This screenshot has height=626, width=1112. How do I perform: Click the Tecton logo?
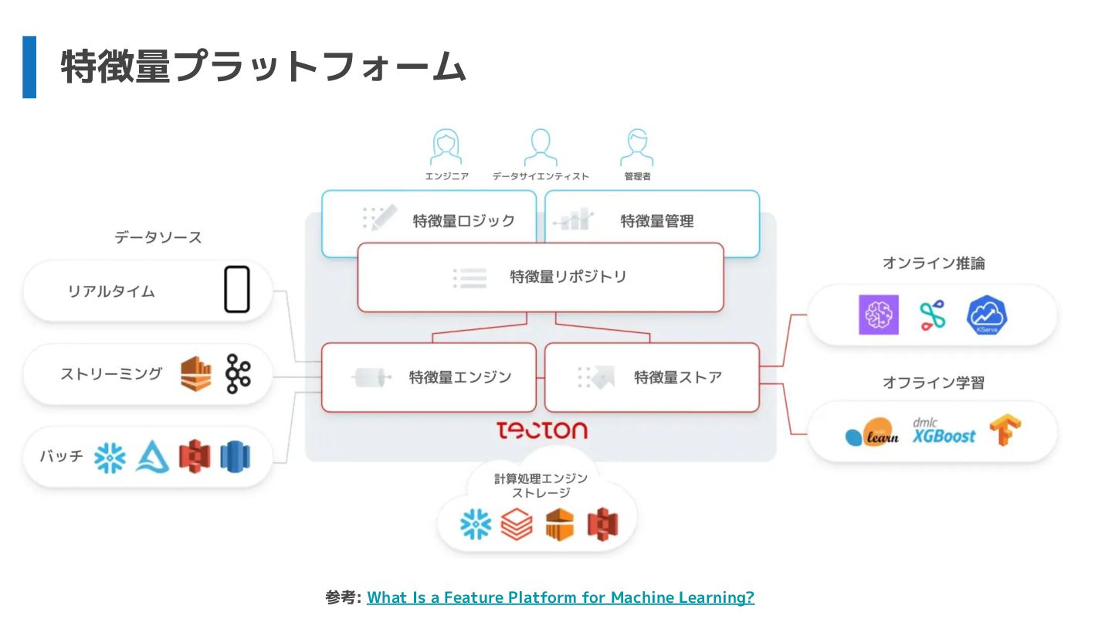541,430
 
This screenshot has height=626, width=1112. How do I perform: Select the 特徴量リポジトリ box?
541,277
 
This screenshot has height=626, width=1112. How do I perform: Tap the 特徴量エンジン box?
429,377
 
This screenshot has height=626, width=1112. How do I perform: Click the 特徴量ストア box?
652,377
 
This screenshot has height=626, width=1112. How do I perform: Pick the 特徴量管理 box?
652,222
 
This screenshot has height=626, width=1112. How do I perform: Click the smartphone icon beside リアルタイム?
237,290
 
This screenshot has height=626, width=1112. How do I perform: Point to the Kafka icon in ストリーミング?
238,373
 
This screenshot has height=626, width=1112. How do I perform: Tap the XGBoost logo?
944,431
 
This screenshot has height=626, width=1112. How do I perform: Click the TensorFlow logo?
1005,430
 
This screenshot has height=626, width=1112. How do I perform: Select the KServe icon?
987,315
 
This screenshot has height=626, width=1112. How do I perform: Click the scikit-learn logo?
873,432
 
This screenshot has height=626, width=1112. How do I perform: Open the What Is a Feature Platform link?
561,597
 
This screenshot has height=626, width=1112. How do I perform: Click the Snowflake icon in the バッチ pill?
110,457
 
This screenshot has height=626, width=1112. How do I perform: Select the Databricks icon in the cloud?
516,524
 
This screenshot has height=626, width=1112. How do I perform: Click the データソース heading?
158,237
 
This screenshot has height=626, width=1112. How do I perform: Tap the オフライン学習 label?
933,383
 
